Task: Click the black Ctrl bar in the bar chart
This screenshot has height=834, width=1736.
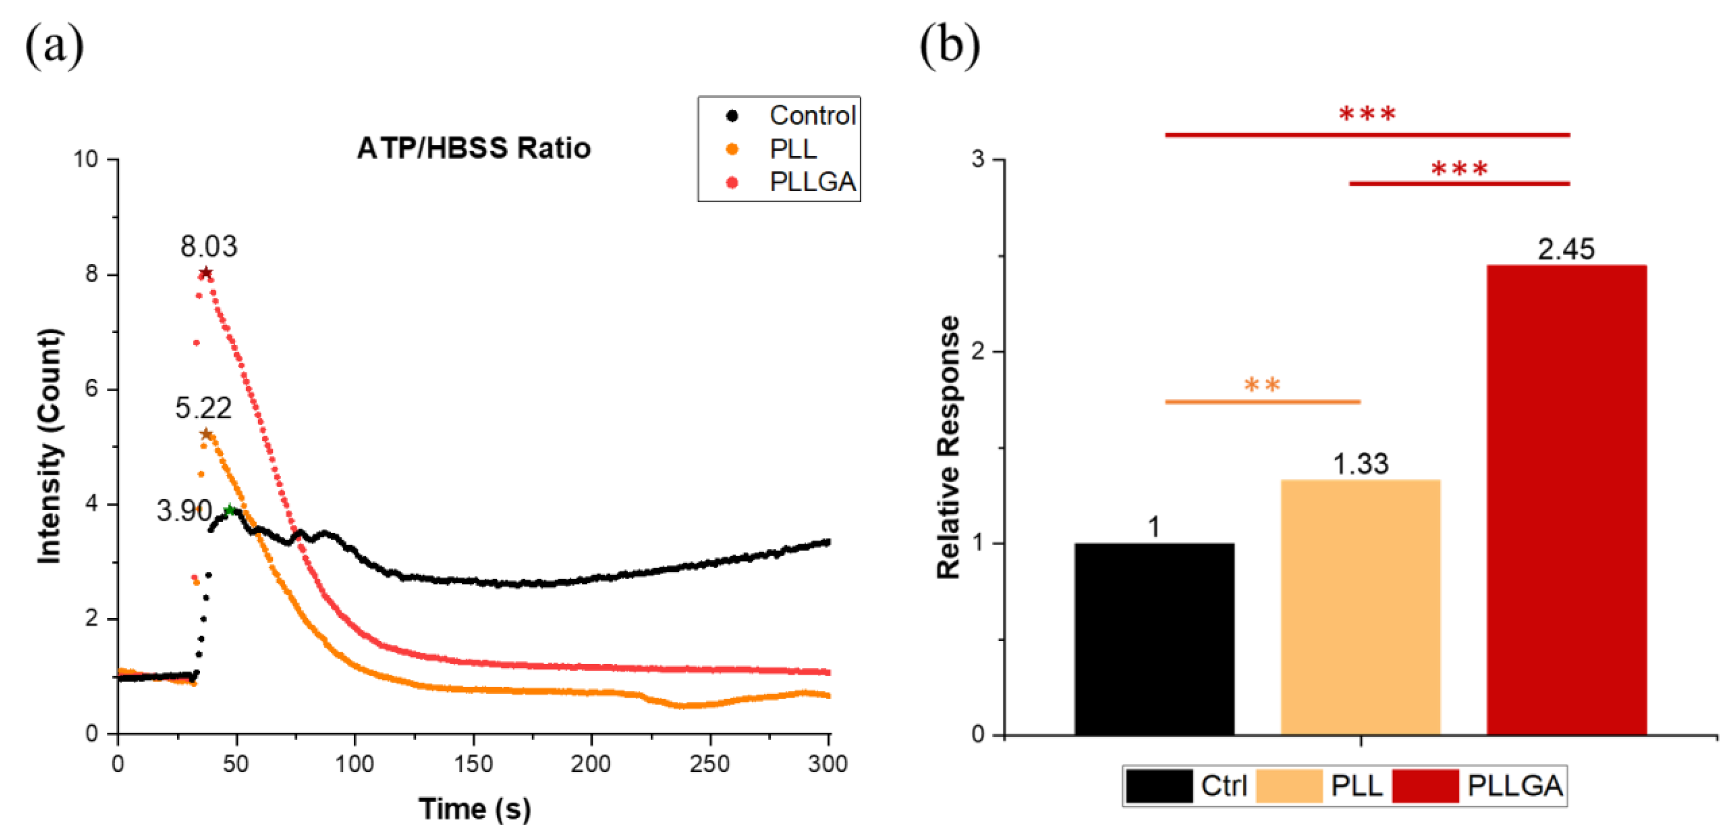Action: (x=1154, y=638)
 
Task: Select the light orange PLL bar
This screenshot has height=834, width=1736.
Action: (x=1360, y=607)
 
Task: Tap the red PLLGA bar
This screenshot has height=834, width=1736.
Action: (x=1566, y=500)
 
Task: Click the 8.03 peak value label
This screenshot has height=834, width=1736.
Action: (x=209, y=247)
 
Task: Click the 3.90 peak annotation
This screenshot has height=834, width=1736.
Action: (x=185, y=511)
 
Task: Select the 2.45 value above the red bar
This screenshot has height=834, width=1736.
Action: (x=1566, y=249)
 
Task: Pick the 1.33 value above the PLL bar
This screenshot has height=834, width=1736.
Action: (x=1361, y=464)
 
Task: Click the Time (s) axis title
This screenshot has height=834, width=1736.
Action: (x=474, y=809)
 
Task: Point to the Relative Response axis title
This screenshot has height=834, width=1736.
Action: (x=948, y=447)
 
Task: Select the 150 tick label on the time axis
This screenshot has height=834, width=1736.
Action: (x=473, y=764)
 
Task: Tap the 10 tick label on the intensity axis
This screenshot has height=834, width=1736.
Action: (x=85, y=159)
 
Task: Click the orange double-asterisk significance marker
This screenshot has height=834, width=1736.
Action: (x=1262, y=386)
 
